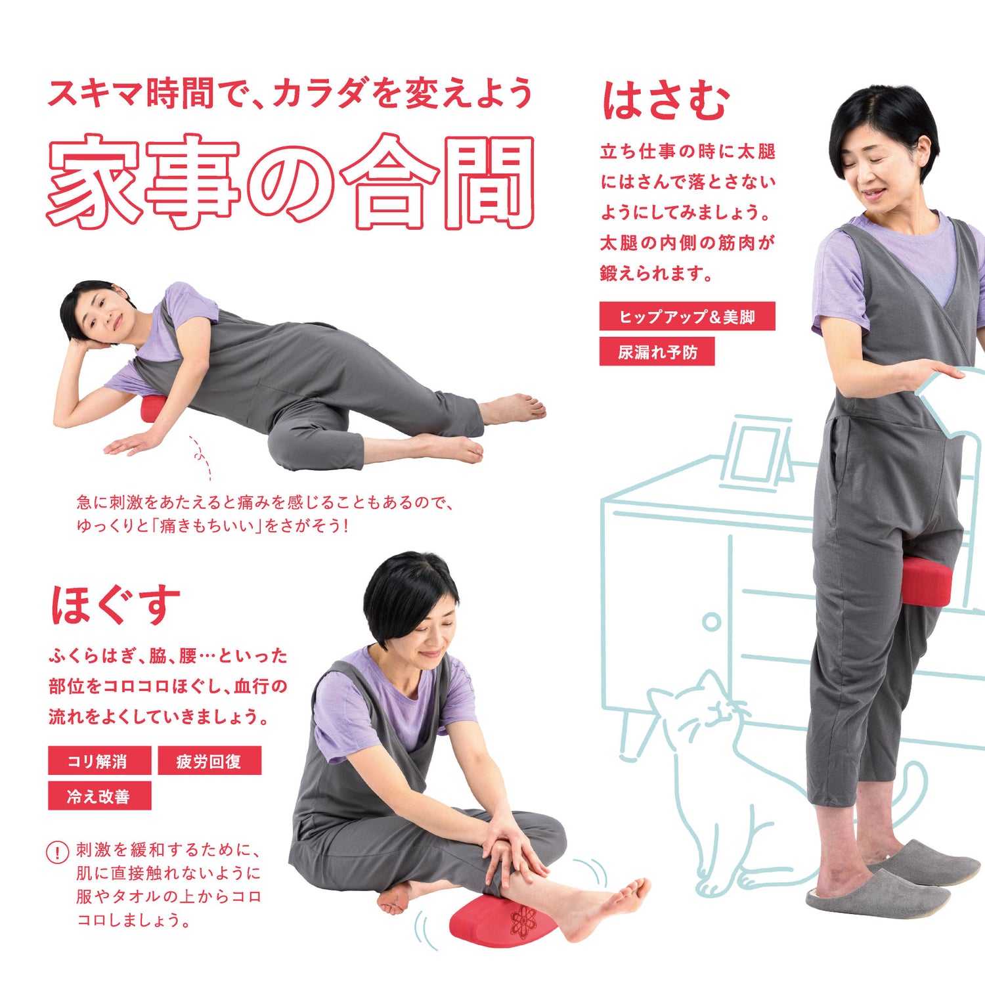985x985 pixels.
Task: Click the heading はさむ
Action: pyautogui.click(x=666, y=100)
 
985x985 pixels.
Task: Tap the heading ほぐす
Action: pyautogui.click(x=115, y=605)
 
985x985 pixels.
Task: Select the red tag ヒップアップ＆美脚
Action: pyautogui.click(x=687, y=317)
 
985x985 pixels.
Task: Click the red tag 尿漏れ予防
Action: pyautogui.click(x=657, y=352)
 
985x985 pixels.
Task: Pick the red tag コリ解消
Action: pyautogui.click(x=99, y=761)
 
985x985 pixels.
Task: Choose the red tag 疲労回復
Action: pyautogui.click(x=209, y=761)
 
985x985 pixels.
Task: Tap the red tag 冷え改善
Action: pyautogui.click(x=99, y=796)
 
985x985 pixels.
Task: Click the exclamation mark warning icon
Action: pyautogui.click(x=58, y=852)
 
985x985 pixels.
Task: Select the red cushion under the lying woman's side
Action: pyautogui.click(x=152, y=408)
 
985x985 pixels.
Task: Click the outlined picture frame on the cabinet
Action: pyautogui.click(x=755, y=453)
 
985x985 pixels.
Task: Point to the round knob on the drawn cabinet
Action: pyautogui.click(x=711, y=622)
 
